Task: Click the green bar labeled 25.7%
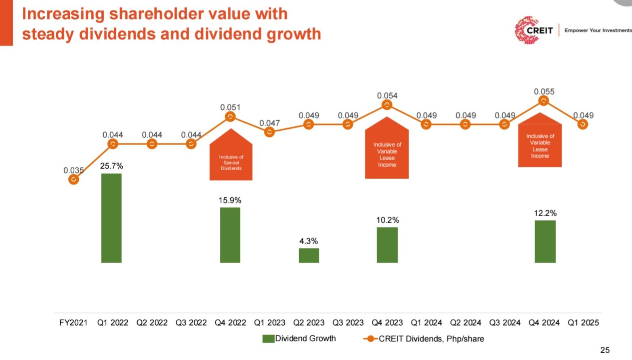[x=111, y=218]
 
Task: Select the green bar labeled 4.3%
[x=309, y=255]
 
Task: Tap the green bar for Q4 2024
[x=545, y=241]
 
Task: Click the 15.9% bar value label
[x=230, y=200]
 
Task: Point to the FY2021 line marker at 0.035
[x=73, y=179]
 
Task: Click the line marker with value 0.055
[x=544, y=101]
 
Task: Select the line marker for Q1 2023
[x=269, y=132]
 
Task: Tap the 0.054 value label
[x=387, y=96]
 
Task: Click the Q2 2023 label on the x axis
[x=309, y=323]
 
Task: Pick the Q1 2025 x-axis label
[x=583, y=323]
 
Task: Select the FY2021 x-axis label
[x=73, y=323]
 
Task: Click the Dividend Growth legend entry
[x=299, y=339]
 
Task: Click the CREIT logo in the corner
[x=533, y=30]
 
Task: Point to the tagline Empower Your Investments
[x=597, y=30]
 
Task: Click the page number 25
[x=605, y=350]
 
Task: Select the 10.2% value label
[x=387, y=220]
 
